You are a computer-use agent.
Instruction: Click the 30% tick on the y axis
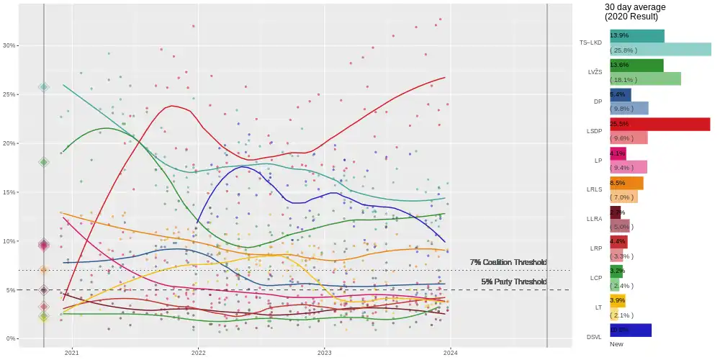(9, 45)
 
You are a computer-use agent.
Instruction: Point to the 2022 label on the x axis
(198, 352)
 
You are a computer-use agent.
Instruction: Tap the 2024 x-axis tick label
(451, 352)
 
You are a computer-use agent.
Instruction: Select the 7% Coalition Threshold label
(508, 262)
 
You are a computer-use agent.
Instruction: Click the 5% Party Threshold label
(513, 282)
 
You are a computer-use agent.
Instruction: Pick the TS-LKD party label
(590, 42)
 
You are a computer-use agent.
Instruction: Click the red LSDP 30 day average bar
(660, 124)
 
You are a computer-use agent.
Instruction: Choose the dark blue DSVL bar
(630, 330)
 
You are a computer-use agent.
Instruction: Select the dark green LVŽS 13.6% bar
(636, 66)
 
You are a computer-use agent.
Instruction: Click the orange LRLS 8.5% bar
(626, 183)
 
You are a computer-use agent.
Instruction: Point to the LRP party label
(595, 248)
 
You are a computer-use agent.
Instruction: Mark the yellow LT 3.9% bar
(618, 300)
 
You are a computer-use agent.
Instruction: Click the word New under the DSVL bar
(616, 343)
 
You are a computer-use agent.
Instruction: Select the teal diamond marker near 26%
(44, 87)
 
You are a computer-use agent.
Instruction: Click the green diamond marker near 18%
(44, 162)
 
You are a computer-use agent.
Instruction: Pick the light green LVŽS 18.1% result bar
(645, 79)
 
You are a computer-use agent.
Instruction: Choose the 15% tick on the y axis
(9, 192)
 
